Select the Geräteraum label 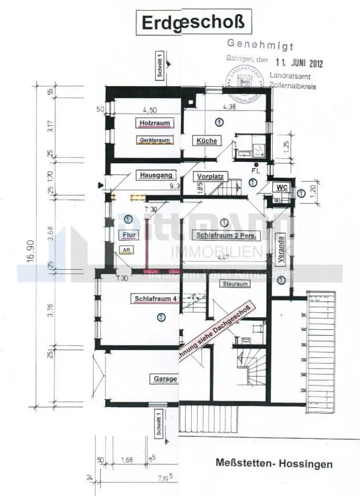click(x=154, y=140)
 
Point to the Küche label click(x=206, y=141)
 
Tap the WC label click(x=282, y=187)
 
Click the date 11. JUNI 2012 click(x=299, y=63)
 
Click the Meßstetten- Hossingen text click(x=274, y=465)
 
